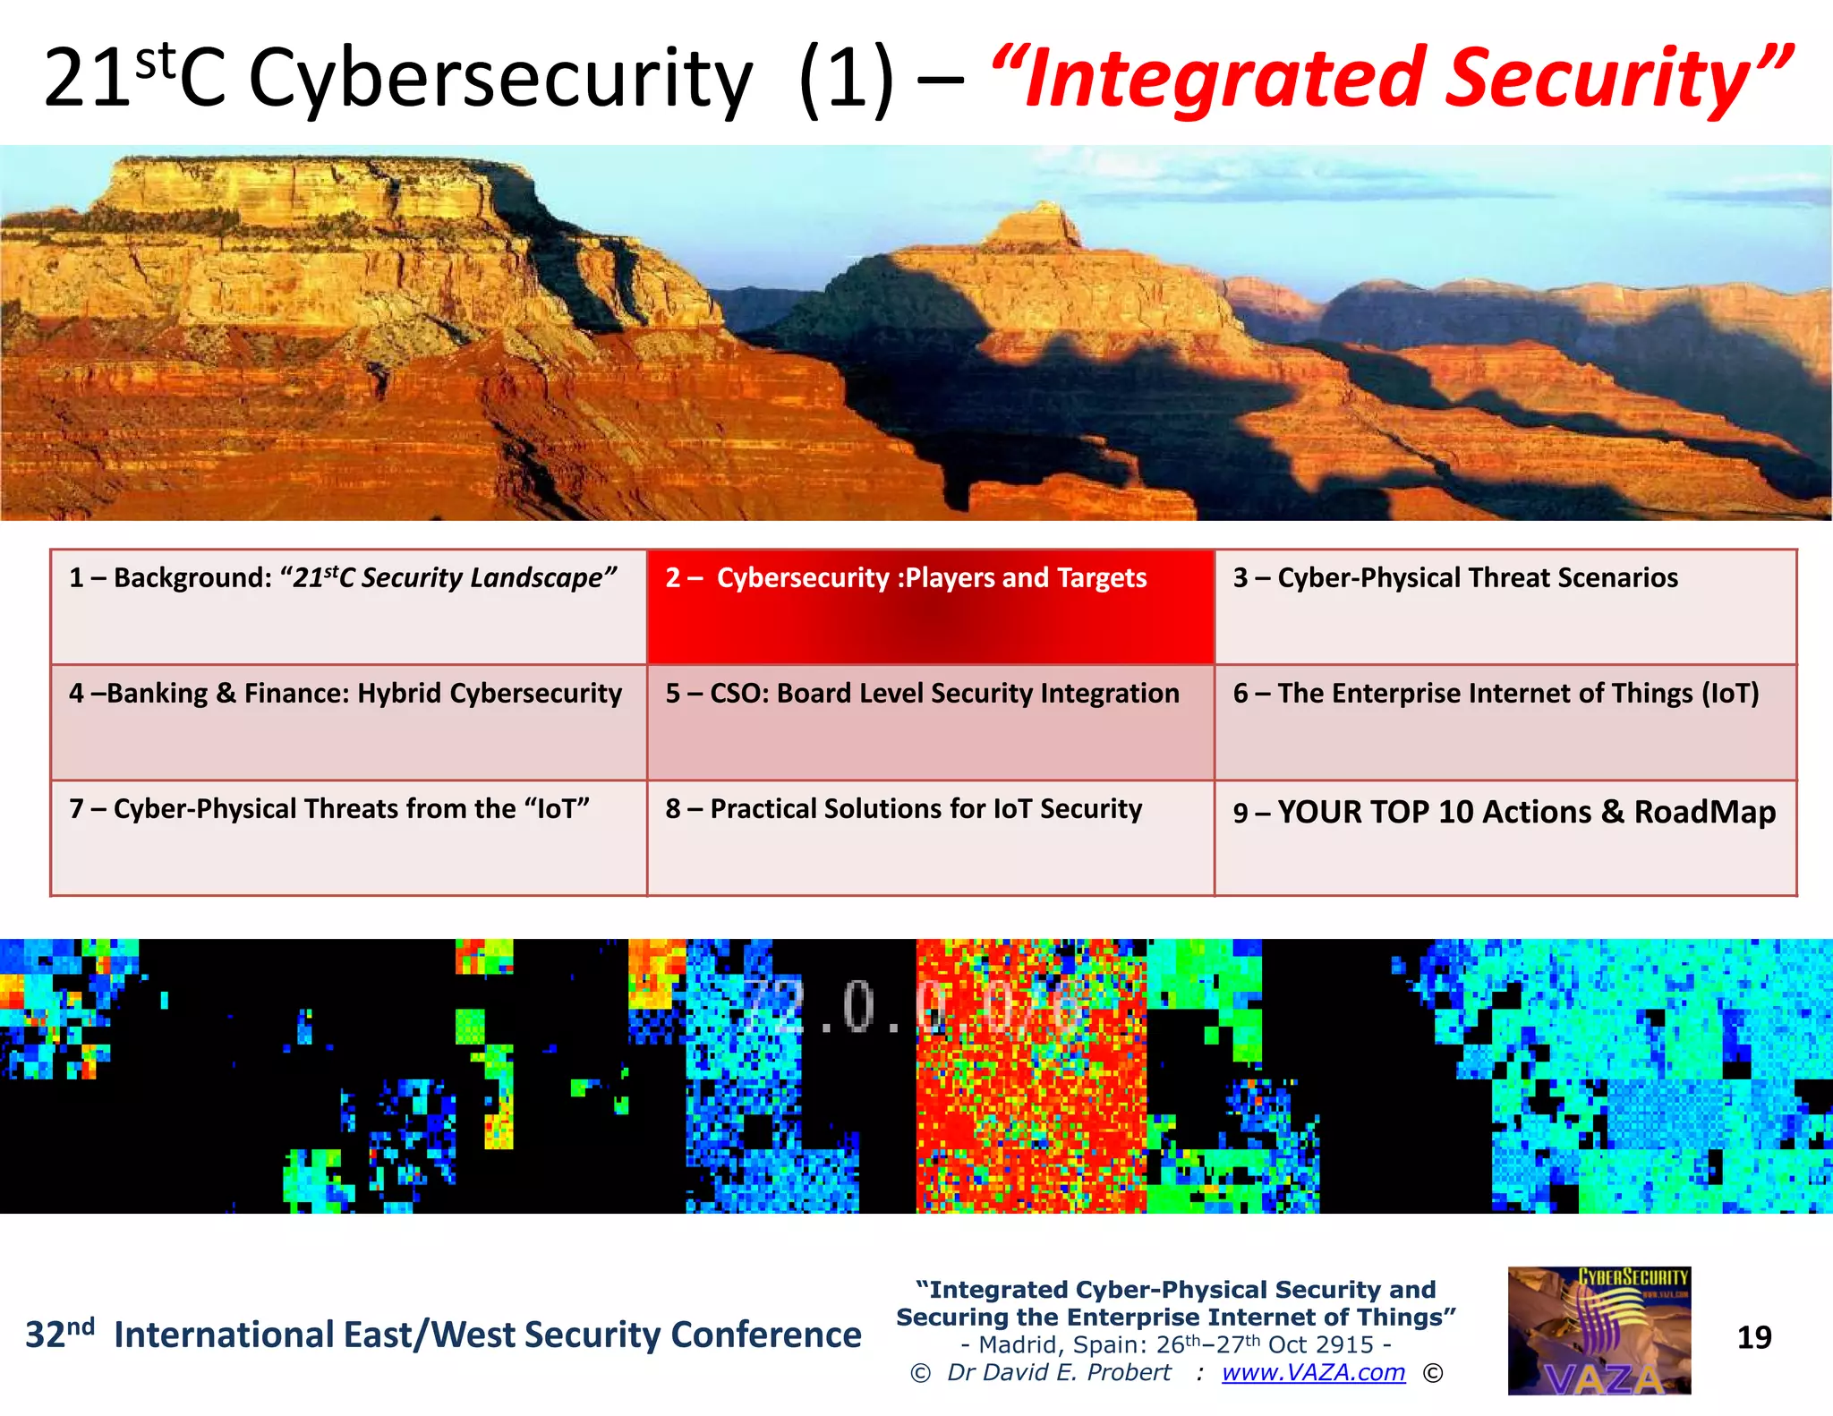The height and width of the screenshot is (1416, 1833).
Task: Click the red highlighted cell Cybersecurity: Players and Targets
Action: click(930, 606)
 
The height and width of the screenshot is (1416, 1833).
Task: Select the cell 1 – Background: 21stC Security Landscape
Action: click(348, 606)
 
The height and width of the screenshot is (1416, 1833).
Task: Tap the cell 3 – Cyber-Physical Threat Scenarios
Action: click(1505, 606)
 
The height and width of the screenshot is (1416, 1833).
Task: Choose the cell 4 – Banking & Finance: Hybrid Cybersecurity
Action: click(348, 721)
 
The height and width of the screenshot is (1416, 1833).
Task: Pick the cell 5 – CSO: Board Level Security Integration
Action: click(930, 721)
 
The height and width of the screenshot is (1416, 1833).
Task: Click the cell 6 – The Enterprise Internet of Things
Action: click(1505, 721)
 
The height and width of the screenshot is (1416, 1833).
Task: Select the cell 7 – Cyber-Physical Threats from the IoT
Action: click(348, 837)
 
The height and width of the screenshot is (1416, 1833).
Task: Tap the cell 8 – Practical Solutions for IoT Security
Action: click(930, 837)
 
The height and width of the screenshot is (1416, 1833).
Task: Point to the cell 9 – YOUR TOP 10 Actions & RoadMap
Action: click(1505, 837)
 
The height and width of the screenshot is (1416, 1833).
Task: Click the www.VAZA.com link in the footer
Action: click(1313, 1372)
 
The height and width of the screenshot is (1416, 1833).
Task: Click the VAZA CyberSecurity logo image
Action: click(1599, 1330)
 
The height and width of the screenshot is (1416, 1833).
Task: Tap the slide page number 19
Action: click(1753, 1337)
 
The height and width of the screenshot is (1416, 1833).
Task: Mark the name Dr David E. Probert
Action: click(1058, 1372)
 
